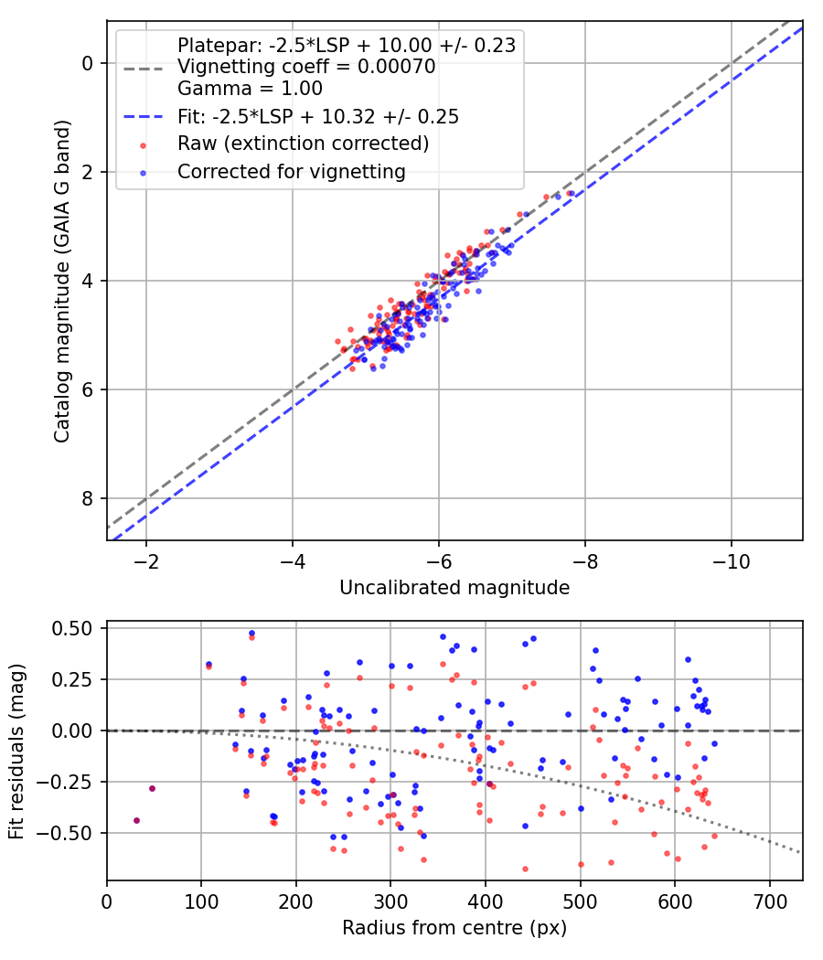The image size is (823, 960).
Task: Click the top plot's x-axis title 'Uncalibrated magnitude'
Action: [454, 588]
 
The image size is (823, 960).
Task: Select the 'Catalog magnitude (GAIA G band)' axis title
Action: [62, 281]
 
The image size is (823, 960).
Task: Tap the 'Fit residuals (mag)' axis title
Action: [16, 752]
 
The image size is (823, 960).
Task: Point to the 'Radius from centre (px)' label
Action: [454, 928]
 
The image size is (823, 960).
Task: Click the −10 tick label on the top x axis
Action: [732, 561]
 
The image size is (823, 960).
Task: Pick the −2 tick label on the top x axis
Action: [145, 561]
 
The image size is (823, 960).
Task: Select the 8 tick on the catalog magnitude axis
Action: [88, 498]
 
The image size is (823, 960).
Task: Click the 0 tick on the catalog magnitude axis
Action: [88, 63]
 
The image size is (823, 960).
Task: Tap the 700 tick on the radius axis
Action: [769, 901]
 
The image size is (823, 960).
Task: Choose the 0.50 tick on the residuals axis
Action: [70, 629]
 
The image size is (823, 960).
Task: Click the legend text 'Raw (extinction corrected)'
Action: [303, 144]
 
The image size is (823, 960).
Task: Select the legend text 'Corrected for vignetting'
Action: [292, 172]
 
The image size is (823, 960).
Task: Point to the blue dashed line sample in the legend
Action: [144, 116]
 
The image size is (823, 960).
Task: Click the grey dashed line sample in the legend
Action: [144, 69]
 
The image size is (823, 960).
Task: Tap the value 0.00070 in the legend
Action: [396, 66]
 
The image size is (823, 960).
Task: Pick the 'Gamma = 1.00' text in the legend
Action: [250, 88]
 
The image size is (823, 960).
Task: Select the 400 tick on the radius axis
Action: [485, 901]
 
